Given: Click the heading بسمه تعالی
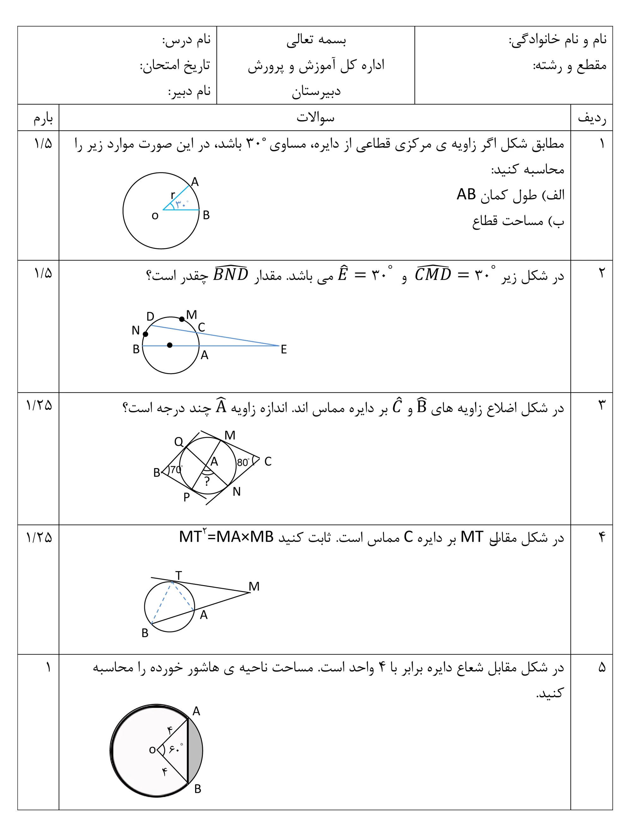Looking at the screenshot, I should (x=316, y=40).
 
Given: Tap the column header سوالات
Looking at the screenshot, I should (x=315, y=118).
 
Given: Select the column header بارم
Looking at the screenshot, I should (x=43, y=119).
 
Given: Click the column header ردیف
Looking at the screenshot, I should (x=592, y=119).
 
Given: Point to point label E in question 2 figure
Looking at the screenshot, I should (x=284, y=349).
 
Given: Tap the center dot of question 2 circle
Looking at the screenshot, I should (x=170, y=345).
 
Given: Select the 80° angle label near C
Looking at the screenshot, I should (x=243, y=462).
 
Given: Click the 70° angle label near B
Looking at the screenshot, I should (x=176, y=470).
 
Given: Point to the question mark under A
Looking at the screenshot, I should (x=207, y=481).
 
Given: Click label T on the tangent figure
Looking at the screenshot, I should (x=179, y=576).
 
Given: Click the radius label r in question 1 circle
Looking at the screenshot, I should (x=173, y=195).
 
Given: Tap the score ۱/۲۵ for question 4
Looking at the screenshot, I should (x=39, y=537).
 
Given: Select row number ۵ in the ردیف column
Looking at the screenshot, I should (x=602, y=668).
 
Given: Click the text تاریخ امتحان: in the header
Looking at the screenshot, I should (x=175, y=65).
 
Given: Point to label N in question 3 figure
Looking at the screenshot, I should (x=236, y=492).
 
